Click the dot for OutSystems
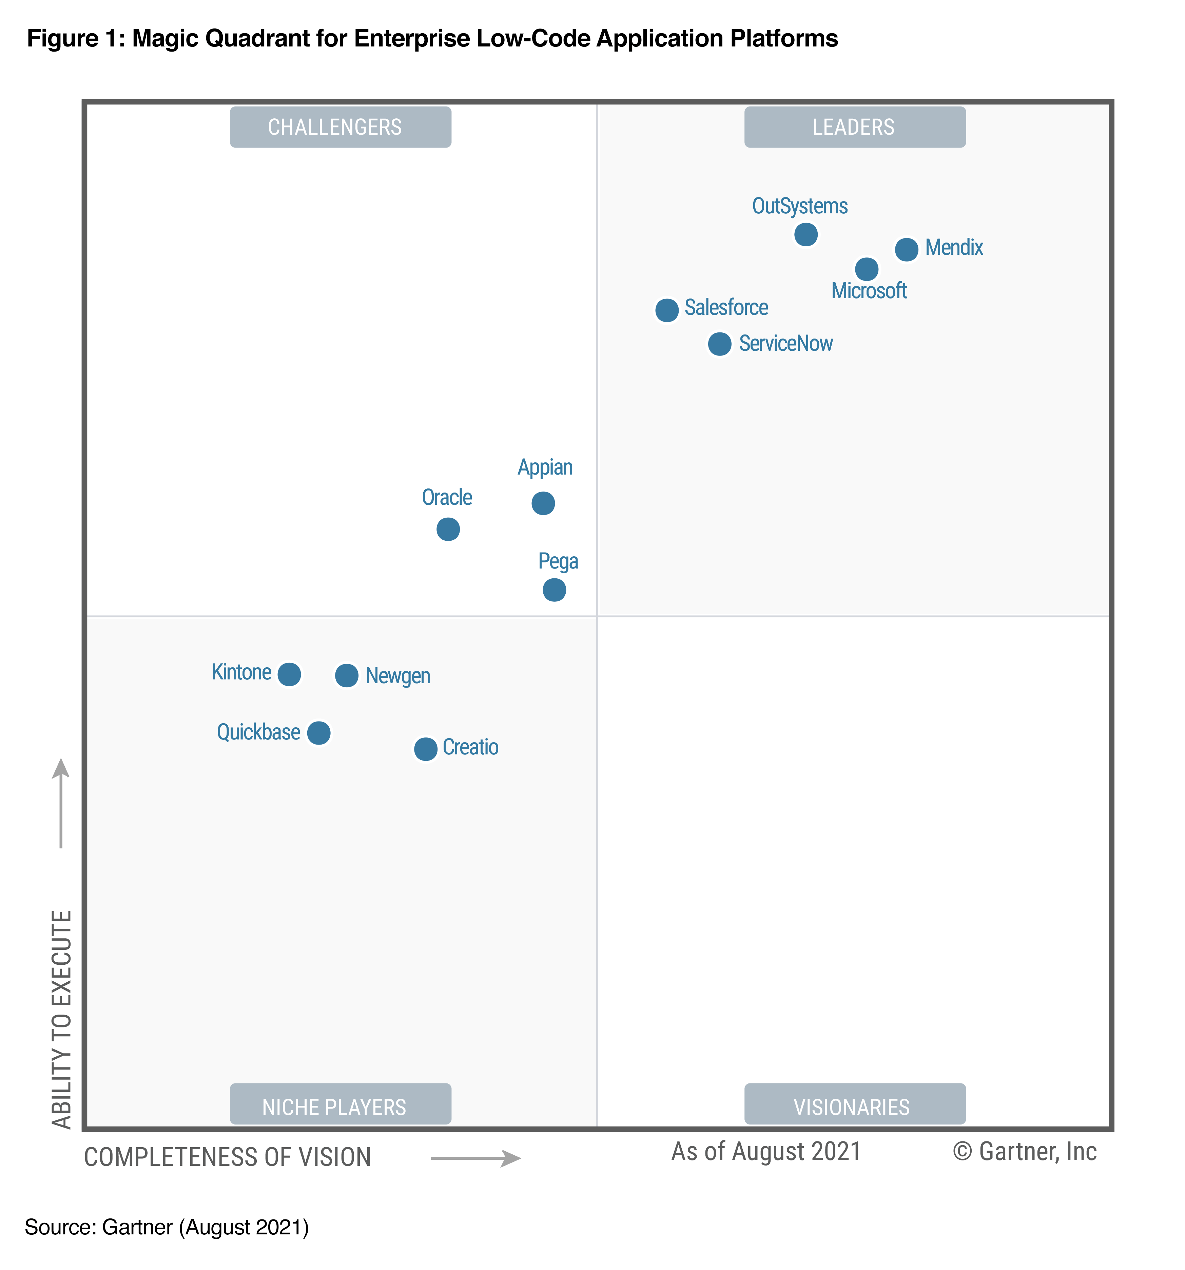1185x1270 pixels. point(805,234)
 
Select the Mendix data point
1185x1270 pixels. point(906,249)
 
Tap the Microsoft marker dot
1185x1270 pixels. point(866,269)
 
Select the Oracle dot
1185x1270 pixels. point(448,529)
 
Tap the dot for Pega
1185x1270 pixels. point(554,590)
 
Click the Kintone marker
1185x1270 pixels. point(289,674)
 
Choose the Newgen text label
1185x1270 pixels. point(397,676)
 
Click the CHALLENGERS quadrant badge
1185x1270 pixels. point(341,127)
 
